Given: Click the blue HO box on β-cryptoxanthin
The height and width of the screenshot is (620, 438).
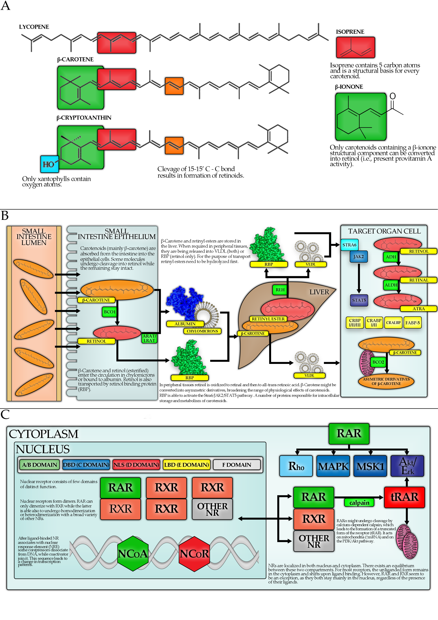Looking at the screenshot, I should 49,164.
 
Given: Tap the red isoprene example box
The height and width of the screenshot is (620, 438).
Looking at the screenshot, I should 355,48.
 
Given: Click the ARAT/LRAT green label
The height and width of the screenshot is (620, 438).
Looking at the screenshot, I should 149,338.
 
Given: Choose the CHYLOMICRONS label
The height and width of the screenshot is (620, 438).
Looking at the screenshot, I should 202,331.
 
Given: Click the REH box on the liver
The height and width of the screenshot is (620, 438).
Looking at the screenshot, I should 280,290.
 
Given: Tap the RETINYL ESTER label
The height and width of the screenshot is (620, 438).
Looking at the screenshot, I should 268,319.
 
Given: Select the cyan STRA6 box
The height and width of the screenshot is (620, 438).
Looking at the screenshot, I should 349,245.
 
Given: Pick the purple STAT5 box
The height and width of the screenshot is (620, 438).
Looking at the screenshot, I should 359,300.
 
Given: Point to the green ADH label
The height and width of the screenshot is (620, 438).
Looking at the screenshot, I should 391,257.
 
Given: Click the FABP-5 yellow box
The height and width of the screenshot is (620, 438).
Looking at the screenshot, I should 412,323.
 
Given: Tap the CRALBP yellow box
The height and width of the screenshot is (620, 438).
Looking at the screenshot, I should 393,323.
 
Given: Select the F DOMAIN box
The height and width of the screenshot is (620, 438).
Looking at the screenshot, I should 236,465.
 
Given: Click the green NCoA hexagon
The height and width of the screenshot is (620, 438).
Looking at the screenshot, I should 132,553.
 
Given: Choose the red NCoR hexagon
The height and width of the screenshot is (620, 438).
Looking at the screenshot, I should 194,553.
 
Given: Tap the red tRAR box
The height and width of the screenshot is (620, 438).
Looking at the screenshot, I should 404,497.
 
